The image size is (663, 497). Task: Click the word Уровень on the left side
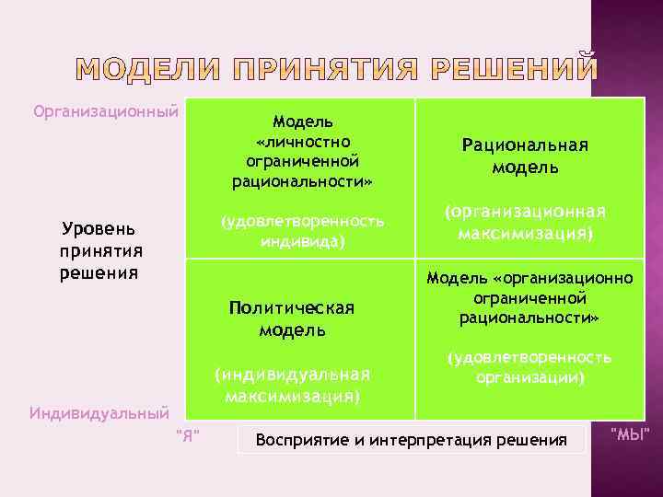(99, 228)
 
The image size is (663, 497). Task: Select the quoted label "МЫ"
(631, 433)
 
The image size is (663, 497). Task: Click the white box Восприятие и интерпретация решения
(411, 440)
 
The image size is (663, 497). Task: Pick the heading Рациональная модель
(525, 156)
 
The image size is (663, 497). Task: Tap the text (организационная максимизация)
(525, 222)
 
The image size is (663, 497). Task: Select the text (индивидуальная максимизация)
(292, 385)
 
